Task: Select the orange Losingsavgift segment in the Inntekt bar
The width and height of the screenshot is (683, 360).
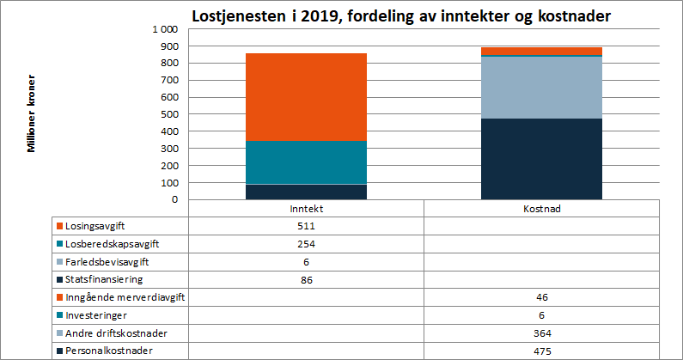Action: click(306, 96)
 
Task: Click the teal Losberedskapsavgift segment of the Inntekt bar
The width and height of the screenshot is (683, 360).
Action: click(306, 162)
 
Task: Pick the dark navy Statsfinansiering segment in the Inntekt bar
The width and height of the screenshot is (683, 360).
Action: click(306, 192)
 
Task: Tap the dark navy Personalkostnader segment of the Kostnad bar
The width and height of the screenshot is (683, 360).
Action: click(541, 159)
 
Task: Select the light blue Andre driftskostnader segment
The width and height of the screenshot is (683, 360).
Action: click(541, 87)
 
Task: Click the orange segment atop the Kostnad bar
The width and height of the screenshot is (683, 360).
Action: click(541, 51)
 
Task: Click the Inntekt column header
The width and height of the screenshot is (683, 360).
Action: click(306, 209)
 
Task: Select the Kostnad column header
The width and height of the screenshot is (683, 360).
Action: click(541, 209)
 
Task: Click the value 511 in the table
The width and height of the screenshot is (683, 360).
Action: click(306, 227)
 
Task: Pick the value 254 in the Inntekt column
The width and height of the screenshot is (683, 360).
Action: click(306, 244)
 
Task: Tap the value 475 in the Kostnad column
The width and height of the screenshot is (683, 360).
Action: click(541, 351)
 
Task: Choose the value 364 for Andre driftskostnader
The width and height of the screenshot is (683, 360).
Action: click(541, 333)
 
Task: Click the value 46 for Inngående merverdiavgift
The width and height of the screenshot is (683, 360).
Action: click(541, 297)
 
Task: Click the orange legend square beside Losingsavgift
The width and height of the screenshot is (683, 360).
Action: click(59, 227)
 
